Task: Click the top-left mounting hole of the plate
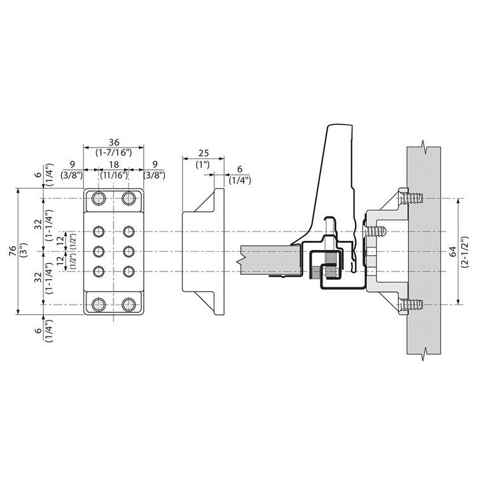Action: click(x=98, y=198)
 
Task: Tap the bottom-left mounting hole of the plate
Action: click(x=98, y=305)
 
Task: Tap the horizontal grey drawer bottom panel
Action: click(x=270, y=261)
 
